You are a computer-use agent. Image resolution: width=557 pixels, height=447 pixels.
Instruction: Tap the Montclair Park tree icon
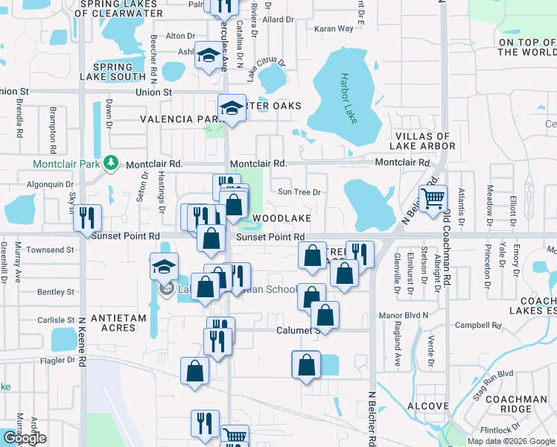click(111, 162)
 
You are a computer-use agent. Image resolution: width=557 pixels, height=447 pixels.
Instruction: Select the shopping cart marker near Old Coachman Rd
click(432, 198)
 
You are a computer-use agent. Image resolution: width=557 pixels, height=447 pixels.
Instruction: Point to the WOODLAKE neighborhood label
click(281, 218)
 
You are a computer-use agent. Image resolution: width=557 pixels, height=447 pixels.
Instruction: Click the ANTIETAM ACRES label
click(118, 323)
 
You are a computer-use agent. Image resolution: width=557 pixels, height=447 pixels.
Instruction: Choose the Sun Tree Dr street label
click(299, 192)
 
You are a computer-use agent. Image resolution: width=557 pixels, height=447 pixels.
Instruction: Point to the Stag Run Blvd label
click(496, 374)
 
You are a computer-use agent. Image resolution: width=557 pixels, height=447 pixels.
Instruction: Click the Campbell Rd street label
click(478, 325)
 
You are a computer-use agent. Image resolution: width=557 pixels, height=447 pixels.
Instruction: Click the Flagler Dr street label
click(60, 359)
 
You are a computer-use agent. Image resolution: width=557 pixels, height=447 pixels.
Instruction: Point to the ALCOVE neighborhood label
click(427, 406)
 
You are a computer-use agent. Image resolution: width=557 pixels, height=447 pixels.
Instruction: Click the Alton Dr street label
click(179, 35)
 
